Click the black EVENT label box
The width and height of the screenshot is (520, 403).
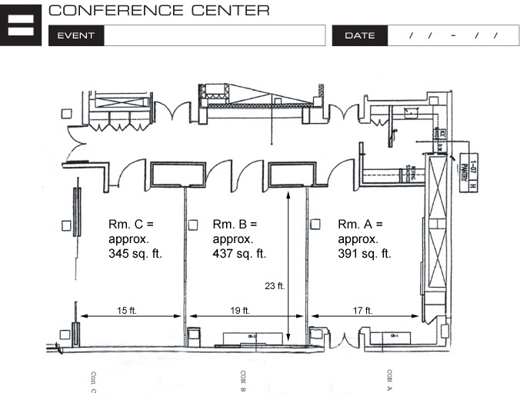75,35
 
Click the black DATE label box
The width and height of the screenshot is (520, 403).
359,35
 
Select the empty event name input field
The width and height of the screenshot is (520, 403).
215,35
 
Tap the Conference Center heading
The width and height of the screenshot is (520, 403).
158,11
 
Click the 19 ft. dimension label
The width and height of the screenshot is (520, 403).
240,310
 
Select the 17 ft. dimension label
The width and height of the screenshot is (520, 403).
363,310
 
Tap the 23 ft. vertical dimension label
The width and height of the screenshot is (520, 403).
275,285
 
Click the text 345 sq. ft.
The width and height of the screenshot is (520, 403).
135,253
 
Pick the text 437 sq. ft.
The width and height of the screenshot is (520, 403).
239,253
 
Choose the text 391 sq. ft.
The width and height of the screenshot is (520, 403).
365,253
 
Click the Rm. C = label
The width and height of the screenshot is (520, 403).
131,224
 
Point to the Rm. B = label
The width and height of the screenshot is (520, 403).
235,224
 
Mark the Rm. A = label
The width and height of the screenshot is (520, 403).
360,224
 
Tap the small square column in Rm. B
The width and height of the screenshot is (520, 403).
194,225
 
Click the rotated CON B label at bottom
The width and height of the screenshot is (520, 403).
244,381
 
